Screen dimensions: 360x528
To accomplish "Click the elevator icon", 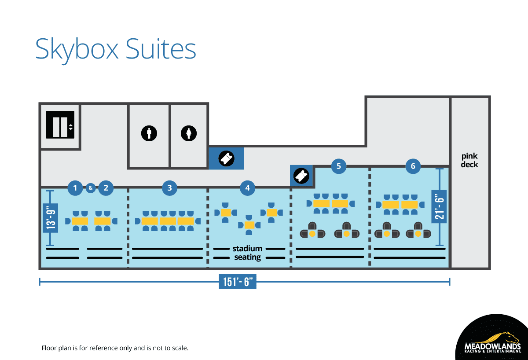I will [60, 125].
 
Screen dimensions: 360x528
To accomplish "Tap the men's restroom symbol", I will [149, 133].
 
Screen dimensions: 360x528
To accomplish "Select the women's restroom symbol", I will [189, 133].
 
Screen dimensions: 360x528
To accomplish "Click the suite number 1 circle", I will [75, 188].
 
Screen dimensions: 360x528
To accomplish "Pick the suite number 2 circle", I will [106, 188].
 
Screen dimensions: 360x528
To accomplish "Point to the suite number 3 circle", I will [170, 188].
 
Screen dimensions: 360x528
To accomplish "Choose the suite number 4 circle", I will [248, 188].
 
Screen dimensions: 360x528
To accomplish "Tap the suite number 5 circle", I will [338, 166].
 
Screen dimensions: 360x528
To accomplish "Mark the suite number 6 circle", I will [413, 166].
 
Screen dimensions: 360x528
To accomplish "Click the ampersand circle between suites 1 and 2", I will [91, 188].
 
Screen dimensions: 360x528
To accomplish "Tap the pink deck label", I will [469, 160].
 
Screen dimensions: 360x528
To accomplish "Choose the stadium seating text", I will [248, 253].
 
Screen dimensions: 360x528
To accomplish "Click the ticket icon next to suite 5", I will [302, 176].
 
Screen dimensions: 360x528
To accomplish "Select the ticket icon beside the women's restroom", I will [226, 158].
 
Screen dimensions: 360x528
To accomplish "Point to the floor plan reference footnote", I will [115, 348].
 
